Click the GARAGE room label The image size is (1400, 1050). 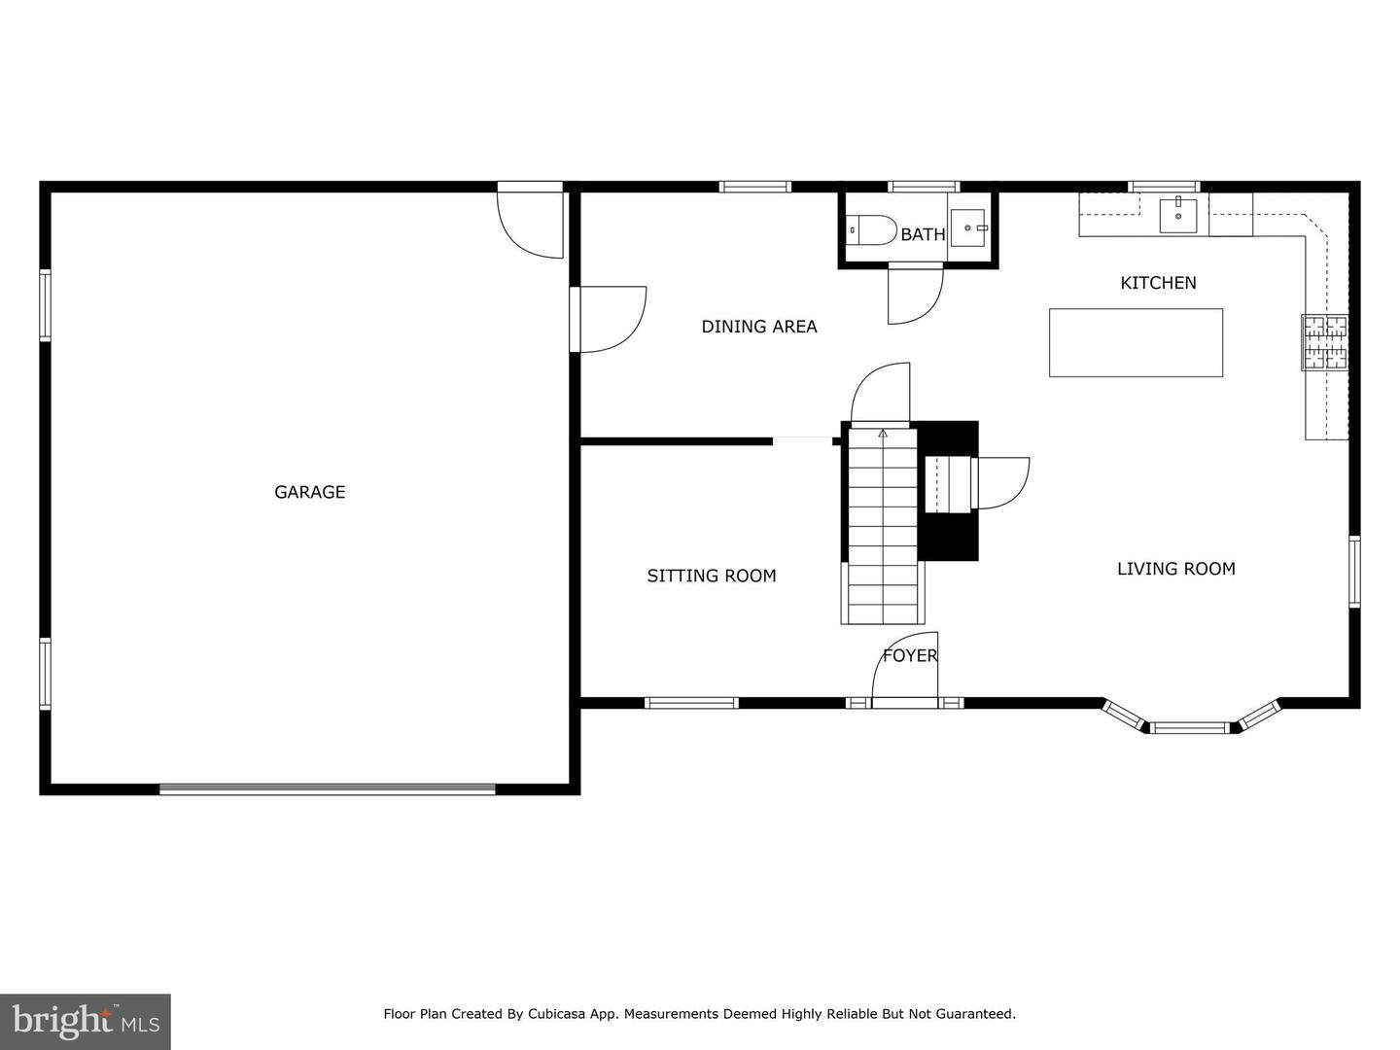tap(309, 492)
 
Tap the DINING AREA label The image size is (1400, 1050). tap(759, 327)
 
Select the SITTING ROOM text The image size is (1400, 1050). tap(712, 576)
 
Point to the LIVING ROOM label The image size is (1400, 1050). tap(1175, 569)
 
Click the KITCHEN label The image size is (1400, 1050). tap(1158, 283)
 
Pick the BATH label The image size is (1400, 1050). tap(922, 234)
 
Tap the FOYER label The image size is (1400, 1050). tap(910, 655)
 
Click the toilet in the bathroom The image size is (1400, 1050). tap(871, 230)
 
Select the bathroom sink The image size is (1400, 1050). tap(968, 227)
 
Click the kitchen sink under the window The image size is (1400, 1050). tap(1177, 215)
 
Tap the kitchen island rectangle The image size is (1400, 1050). tap(1136, 342)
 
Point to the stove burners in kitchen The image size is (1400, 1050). tap(1325, 342)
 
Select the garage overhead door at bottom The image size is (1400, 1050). tap(328, 789)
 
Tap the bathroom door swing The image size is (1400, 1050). tap(915, 295)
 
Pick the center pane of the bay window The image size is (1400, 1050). tap(1190, 726)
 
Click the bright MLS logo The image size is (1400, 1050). tap(86, 1022)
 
